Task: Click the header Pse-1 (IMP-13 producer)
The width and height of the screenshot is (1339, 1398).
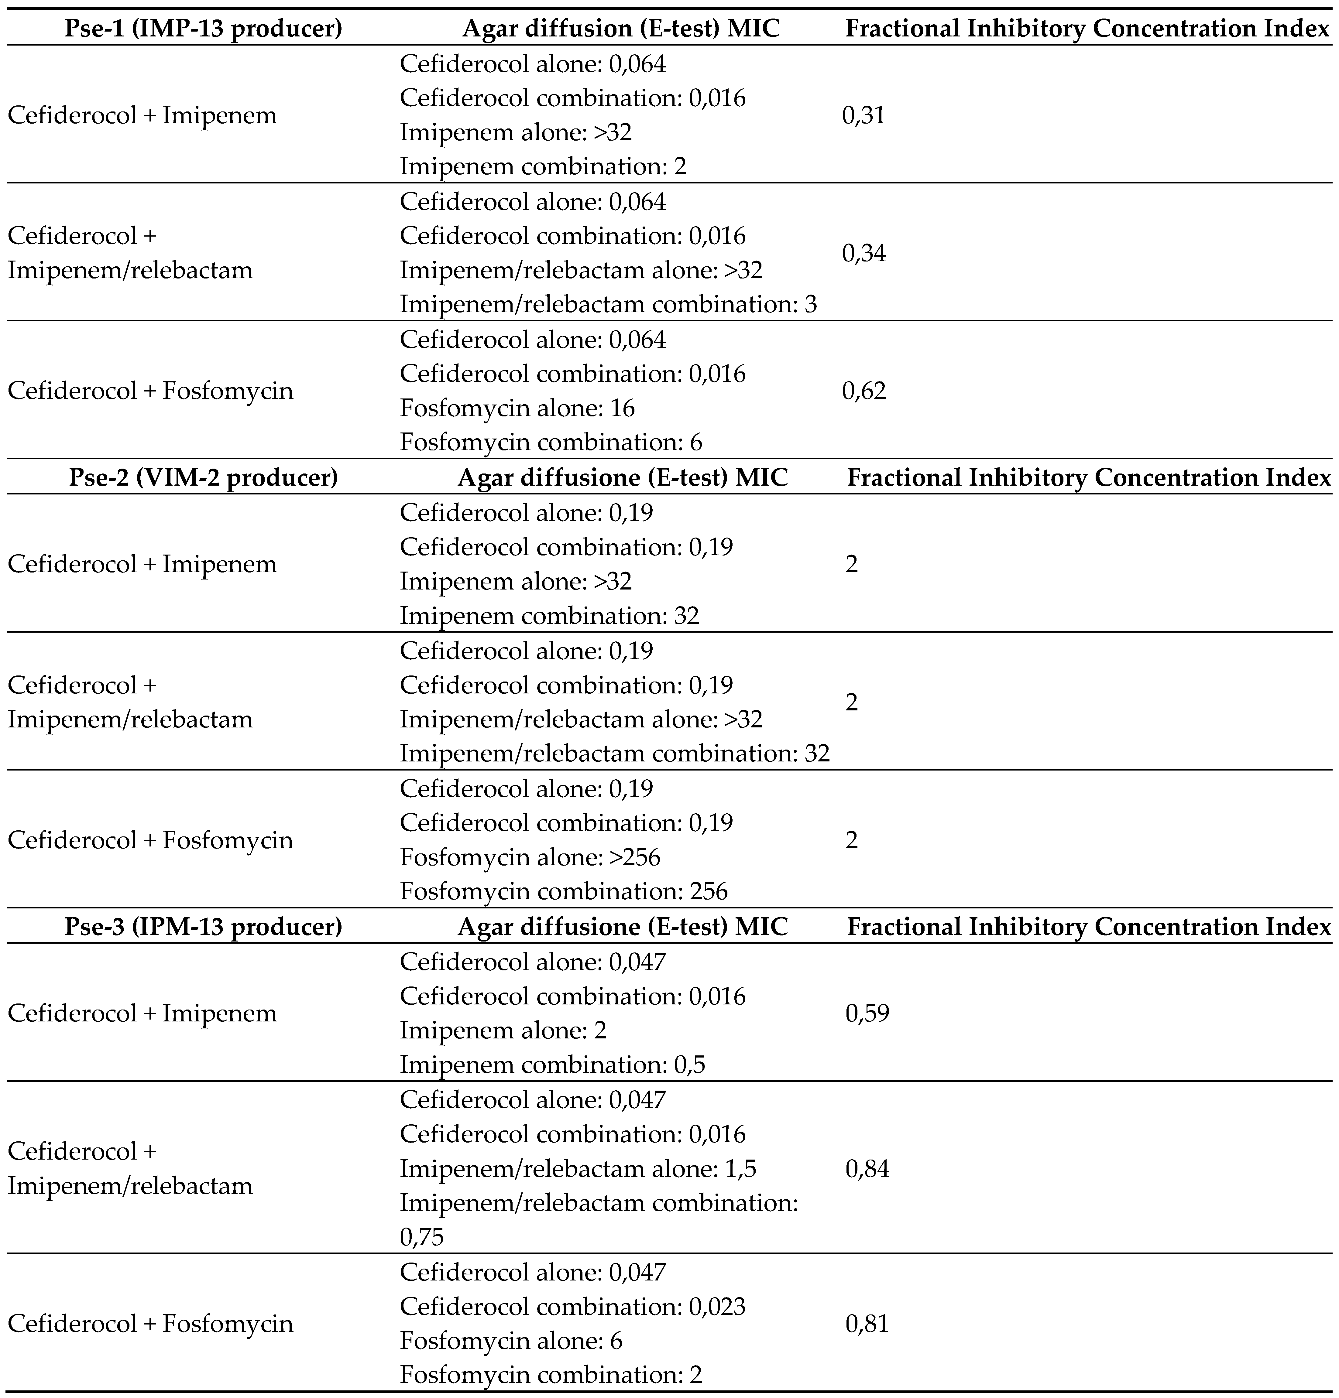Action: pos(203,29)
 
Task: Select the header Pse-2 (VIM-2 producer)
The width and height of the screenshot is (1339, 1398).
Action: pos(203,477)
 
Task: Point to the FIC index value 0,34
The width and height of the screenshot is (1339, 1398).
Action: pos(864,253)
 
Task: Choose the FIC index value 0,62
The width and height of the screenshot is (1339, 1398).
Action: pos(864,391)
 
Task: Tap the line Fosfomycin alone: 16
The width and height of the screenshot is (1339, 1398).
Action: pos(517,408)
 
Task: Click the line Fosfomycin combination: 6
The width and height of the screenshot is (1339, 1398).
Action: pos(551,442)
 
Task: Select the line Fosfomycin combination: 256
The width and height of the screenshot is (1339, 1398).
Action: pos(564,891)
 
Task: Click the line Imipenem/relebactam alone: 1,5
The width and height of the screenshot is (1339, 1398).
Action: pos(578,1168)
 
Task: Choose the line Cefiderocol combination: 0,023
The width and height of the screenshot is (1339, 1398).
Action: pos(572,1307)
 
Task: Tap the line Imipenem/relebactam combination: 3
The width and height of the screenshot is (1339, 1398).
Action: pos(608,305)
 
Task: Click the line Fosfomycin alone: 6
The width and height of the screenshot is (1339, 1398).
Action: pos(511,1341)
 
